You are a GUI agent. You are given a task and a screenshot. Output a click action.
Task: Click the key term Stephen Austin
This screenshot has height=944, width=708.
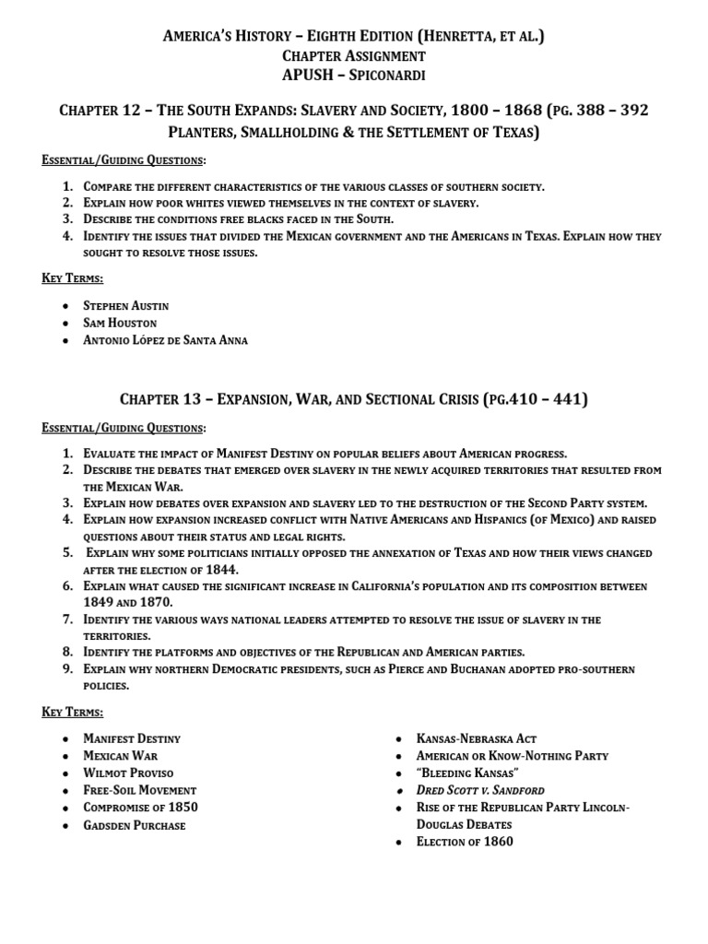[125, 305]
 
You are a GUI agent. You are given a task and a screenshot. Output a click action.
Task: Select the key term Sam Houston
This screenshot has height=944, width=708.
[120, 323]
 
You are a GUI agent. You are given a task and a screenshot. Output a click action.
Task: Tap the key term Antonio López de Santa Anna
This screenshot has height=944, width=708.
[165, 340]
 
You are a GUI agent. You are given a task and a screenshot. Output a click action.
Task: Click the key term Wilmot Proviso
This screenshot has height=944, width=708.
[128, 773]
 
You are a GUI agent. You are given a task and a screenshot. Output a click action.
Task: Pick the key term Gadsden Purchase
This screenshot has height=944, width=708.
[134, 825]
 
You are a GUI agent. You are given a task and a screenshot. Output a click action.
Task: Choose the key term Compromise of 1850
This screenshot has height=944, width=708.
[140, 808]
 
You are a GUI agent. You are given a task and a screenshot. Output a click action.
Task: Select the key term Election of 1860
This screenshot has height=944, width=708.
[465, 842]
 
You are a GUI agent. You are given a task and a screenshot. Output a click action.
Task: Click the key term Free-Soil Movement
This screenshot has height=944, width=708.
[139, 790]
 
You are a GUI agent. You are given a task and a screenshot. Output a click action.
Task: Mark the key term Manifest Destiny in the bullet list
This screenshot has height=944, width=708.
[132, 738]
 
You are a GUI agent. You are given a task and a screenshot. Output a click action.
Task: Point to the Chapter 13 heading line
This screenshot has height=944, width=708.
[353, 399]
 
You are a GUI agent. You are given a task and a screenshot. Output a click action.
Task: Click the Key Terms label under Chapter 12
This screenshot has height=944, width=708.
[72, 277]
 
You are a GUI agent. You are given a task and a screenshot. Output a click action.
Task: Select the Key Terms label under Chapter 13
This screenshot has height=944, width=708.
[72, 712]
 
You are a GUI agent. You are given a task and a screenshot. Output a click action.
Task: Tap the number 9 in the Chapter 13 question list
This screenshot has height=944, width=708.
[67, 669]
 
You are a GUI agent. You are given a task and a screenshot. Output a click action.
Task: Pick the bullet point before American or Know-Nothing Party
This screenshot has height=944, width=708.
[397, 756]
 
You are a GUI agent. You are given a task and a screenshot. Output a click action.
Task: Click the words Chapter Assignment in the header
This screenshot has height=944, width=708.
[354, 56]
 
